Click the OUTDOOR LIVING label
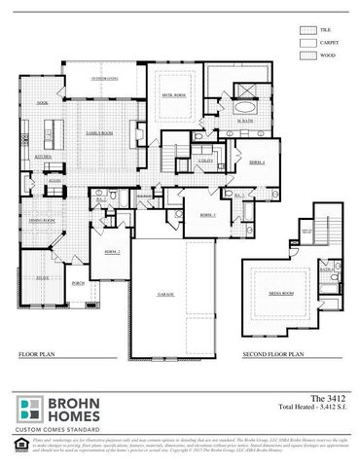[x=105, y=77]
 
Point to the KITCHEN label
[x=44, y=156]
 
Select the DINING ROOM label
[x=41, y=221]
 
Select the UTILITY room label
[x=205, y=160]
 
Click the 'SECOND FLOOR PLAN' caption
[x=270, y=356]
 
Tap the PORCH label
[x=78, y=283]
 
